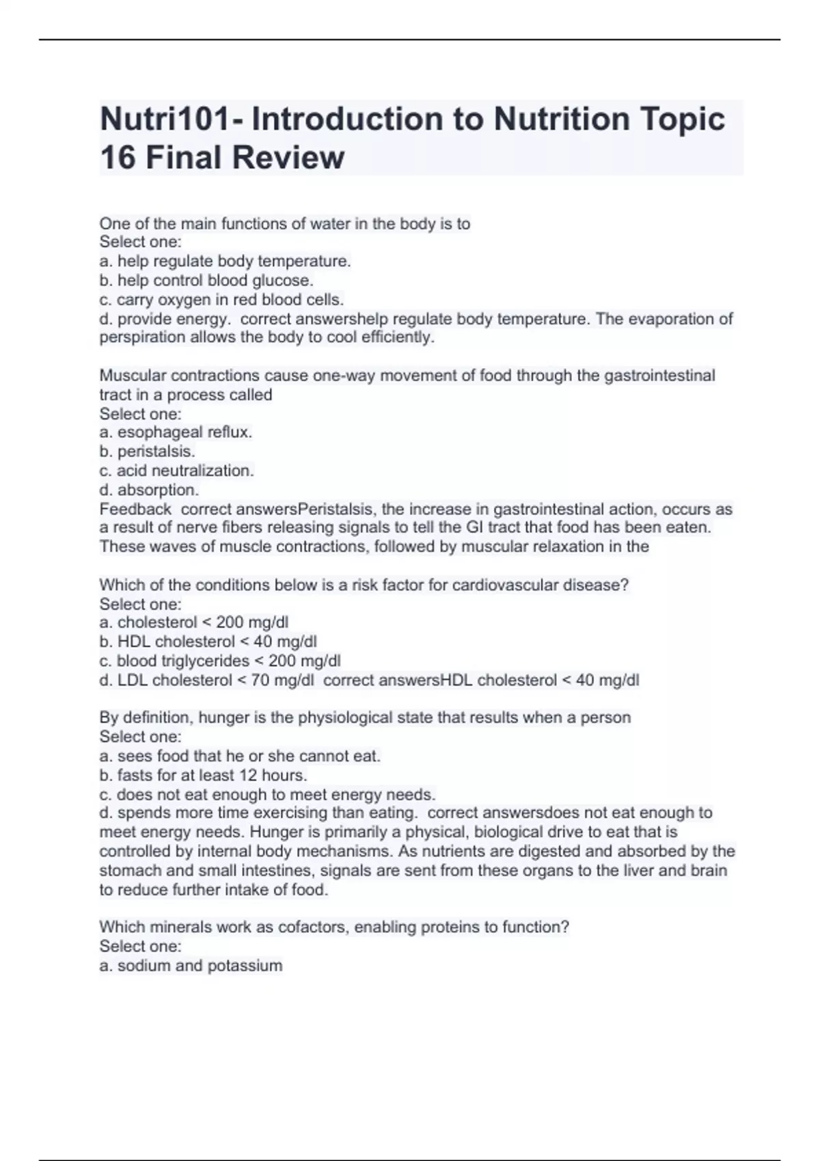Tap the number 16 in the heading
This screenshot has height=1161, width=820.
(x=118, y=158)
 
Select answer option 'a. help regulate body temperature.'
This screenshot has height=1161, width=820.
(x=225, y=261)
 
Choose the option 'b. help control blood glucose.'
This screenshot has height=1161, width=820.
(x=206, y=280)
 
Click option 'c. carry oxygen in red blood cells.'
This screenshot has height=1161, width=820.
(x=221, y=299)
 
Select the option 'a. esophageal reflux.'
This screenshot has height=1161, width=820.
(x=176, y=432)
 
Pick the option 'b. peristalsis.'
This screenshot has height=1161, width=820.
(x=147, y=451)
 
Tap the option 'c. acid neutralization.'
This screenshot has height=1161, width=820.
(x=176, y=471)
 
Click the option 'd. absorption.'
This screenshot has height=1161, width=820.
(x=149, y=490)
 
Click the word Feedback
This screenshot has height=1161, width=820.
(x=135, y=509)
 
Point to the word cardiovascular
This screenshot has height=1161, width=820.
(x=505, y=585)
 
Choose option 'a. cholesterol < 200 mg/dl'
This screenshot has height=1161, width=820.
(x=193, y=622)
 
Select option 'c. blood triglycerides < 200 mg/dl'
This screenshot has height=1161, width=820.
(x=219, y=661)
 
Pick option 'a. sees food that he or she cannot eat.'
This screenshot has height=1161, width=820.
(x=239, y=756)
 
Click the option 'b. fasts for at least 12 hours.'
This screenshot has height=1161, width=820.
(x=203, y=775)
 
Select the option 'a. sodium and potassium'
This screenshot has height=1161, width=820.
(x=191, y=966)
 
